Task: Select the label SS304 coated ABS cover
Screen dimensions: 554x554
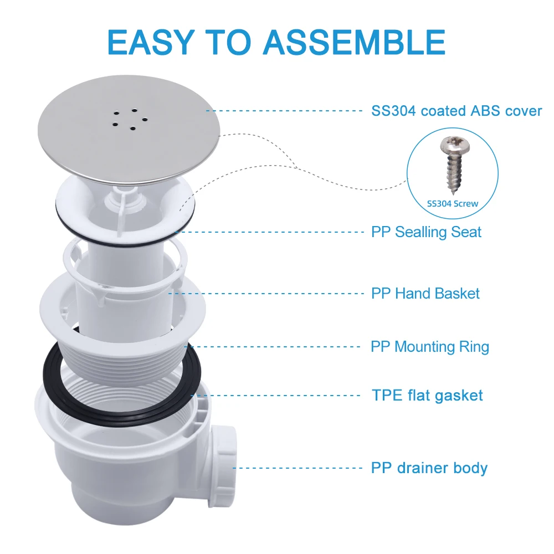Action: click(x=456, y=111)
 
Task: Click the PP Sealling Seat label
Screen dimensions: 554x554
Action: click(x=426, y=232)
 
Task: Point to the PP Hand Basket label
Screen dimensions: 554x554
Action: click(x=425, y=293)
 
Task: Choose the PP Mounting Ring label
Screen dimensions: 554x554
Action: click(x=430, y=347)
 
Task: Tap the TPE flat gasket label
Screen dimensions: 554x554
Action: click(x=427, y=396)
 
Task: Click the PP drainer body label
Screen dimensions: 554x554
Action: click(x=429, y=468)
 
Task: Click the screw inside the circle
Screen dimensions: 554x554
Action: click(x=451, y=166)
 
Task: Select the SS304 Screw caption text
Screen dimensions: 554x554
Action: click(x=452, y=203)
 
